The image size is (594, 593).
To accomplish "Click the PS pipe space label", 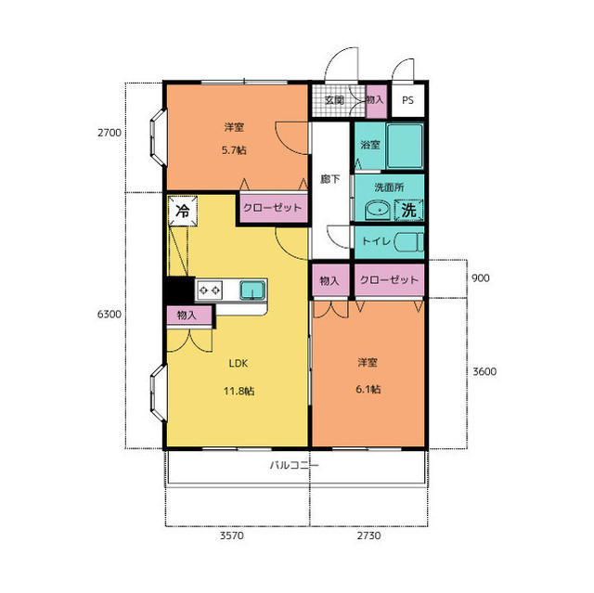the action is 407,100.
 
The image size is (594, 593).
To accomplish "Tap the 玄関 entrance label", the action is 334,100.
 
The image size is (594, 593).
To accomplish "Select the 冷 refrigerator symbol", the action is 183,211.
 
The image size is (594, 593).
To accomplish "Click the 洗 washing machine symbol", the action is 408,210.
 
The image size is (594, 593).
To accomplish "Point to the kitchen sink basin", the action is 252,290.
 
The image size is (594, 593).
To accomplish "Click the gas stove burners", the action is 210,290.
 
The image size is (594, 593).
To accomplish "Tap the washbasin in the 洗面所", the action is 378,210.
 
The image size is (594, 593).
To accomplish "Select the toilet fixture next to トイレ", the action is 408,242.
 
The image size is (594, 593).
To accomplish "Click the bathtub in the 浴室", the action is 405,147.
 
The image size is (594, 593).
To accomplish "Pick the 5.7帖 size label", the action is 234,150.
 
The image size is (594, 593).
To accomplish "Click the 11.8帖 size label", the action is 239,391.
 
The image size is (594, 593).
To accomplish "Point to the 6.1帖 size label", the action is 368,389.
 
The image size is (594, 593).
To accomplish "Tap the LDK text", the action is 239,364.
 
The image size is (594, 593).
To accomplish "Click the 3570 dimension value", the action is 232,535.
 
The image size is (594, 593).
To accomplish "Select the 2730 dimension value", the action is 369,535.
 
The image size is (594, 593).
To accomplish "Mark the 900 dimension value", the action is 481,278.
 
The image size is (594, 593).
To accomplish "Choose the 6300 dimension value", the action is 110,314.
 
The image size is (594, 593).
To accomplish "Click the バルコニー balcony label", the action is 294,465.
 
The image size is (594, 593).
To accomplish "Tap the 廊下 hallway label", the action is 330,179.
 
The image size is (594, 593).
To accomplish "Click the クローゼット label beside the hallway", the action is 272,208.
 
